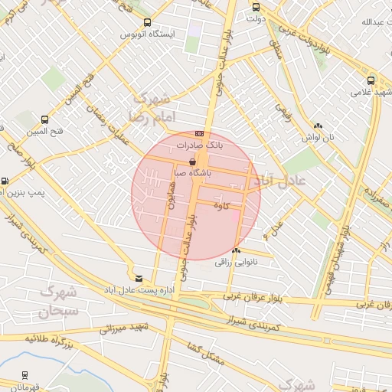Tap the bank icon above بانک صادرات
click(201, 133)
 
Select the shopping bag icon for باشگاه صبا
click(192, 163)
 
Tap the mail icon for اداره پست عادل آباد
click(138, 279)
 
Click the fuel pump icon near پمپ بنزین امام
click(5, 181)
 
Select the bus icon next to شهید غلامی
click(371, 80)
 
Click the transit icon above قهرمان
click(26, 375)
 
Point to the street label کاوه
click(222, 204)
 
